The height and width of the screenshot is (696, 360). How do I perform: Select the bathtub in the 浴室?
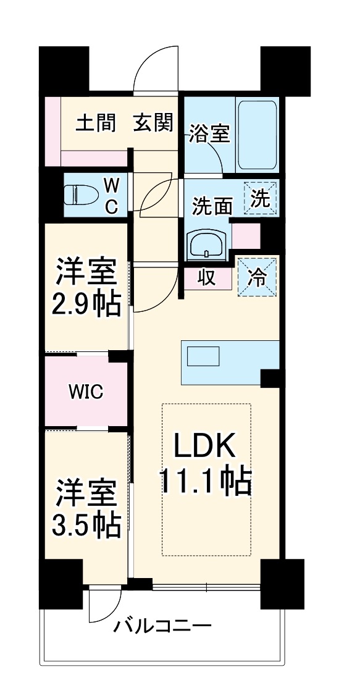click(x=258, y=136)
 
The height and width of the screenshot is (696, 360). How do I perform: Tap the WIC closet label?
click(x=86, y=391)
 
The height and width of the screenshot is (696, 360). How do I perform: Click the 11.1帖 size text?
click(x=206, y=480)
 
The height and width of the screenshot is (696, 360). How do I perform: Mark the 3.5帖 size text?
click(x=86, y=524)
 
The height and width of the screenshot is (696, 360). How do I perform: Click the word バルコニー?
click(x=162, y=627)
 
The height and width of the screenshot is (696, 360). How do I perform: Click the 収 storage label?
click(x=206, y=277)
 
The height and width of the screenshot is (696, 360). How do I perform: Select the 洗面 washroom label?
click(x=212, y=206)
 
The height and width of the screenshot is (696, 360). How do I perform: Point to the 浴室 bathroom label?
click(x=210, y=133)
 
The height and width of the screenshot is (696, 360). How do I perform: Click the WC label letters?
click(x=111, y=195)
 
